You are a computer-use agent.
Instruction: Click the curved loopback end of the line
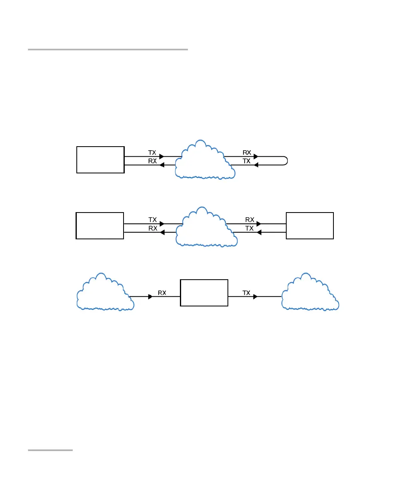pos(286,161)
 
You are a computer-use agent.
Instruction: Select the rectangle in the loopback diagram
pos(100,160)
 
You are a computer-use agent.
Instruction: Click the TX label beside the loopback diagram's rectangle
pos(152,153)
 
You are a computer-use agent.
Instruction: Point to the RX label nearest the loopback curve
pos(247,153)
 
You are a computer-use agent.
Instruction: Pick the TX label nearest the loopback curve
pos(247,161)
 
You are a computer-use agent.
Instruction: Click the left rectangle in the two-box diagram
pos(100,226)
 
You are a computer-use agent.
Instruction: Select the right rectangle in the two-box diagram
pos(310,226)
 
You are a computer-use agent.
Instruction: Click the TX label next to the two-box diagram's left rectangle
pos(152,220)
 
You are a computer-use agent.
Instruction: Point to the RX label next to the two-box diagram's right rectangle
pos(249,220)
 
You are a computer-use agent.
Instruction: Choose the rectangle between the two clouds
pos(204,293)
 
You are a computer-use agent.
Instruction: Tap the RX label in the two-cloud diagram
pos(162,293)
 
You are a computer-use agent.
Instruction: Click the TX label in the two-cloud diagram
pos(246,293)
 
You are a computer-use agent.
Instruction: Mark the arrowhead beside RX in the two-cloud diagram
pos(150,297)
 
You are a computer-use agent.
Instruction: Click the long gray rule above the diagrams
pos(108,50)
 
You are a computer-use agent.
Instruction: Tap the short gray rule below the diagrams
pos(50,450)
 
